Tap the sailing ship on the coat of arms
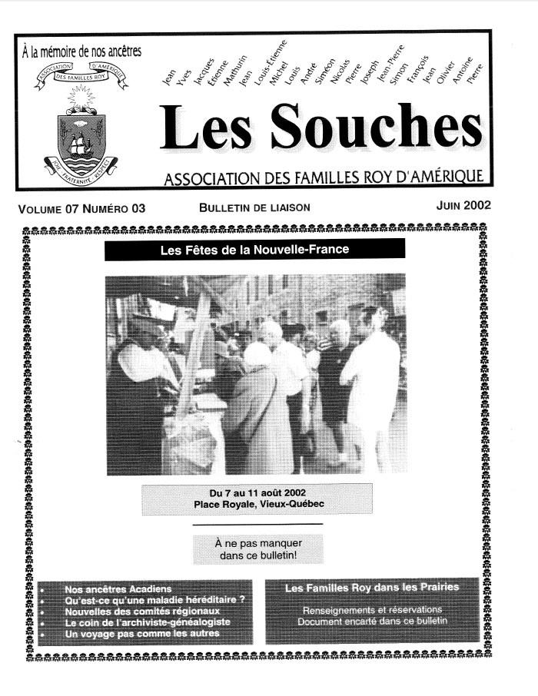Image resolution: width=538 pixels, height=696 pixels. point(81,143)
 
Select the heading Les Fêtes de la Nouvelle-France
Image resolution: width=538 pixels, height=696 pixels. point(254,250)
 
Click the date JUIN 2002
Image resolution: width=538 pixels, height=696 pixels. point(463,206)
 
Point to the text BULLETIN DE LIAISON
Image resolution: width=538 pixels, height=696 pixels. point(254,207)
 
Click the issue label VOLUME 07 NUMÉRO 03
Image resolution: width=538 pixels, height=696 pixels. point(81,207)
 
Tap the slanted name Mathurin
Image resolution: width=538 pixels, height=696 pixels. point(227,75)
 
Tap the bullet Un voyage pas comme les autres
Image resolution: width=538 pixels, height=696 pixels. point(142,633)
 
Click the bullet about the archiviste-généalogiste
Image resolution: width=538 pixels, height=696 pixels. point(147,622)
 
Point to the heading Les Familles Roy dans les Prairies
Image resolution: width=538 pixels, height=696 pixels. point(372,588)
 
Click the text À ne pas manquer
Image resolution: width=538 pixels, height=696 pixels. point(257,543)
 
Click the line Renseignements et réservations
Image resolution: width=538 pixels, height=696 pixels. point(372,609)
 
